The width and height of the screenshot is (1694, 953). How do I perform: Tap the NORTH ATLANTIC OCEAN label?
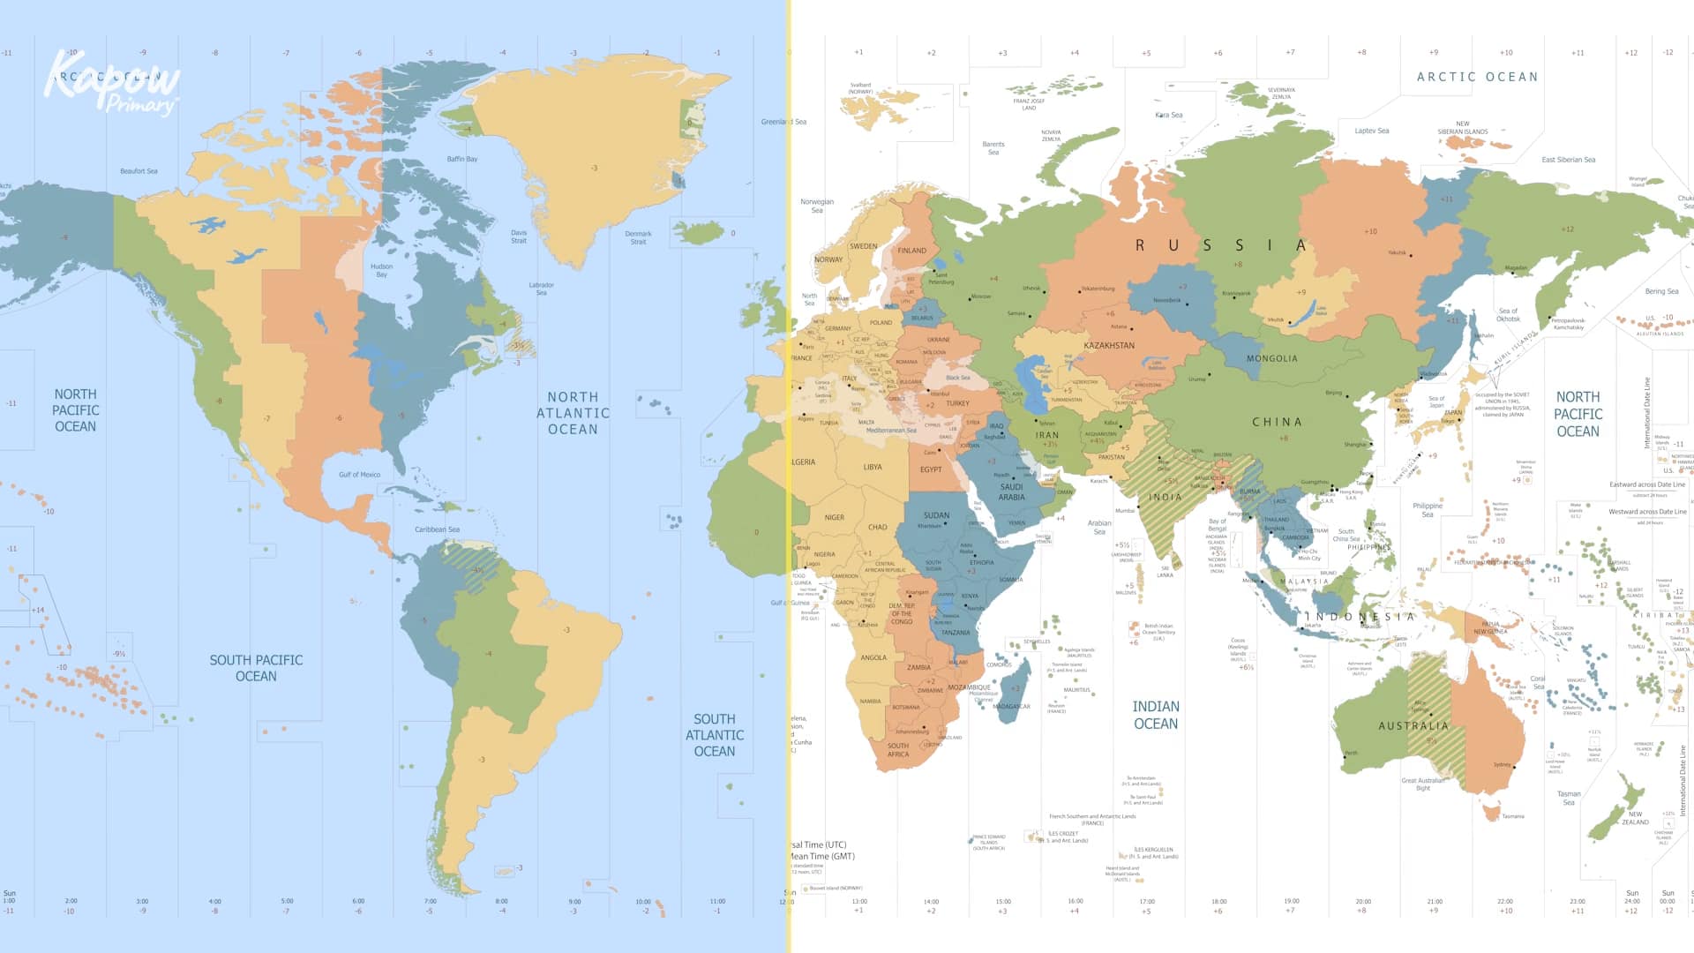click(573, 413)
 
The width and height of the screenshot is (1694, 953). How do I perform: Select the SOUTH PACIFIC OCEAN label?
click(256, 668)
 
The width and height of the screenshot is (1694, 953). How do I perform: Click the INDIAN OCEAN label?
click(1155, 715)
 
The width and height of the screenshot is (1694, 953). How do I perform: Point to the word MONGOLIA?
click(1271, 359)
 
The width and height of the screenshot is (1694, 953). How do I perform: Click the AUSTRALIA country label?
click(1413, 725)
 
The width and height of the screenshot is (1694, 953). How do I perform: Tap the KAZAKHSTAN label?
click(1109, 346)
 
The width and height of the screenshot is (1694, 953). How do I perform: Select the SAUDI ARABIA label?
click(1011, 492)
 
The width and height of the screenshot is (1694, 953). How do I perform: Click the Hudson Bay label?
click(381, 270)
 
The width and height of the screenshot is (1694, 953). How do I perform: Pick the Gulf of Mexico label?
click(359, 475)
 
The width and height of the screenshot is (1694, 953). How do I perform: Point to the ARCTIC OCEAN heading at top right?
click(1477, 78)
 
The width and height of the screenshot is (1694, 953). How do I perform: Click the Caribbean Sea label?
click(437, 529)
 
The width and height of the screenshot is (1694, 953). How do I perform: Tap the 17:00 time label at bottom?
click(1146, 902)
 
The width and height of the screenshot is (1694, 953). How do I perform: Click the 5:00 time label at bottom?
click(287, 902)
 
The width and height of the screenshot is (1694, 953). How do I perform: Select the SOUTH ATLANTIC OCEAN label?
click(714, 735)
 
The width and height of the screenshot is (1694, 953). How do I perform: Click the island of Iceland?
click(699, 233)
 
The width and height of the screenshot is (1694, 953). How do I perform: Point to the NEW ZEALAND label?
click(1635, 818)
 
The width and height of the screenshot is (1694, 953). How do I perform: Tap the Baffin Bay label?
click(461, 160)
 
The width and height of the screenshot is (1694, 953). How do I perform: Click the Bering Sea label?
click(1661, 291)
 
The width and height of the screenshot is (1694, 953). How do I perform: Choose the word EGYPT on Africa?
click(931, 469)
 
